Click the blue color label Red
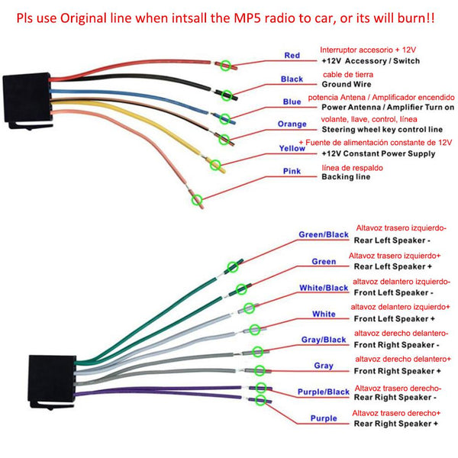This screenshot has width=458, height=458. click(292, 55)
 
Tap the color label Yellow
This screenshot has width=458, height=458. click(292, 148)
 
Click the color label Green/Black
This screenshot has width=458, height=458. click(324, 234)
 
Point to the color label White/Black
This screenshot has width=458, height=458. click(324, 288)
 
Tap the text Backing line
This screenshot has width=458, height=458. click(345, 177)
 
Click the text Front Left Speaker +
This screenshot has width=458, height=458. click(395, 318)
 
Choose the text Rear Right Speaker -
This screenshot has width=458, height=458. click(395, 397)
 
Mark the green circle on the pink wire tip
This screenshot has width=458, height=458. click(197, 199)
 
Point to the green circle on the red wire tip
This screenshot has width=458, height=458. click(224, 66)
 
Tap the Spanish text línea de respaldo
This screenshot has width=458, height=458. click(353, 167)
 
